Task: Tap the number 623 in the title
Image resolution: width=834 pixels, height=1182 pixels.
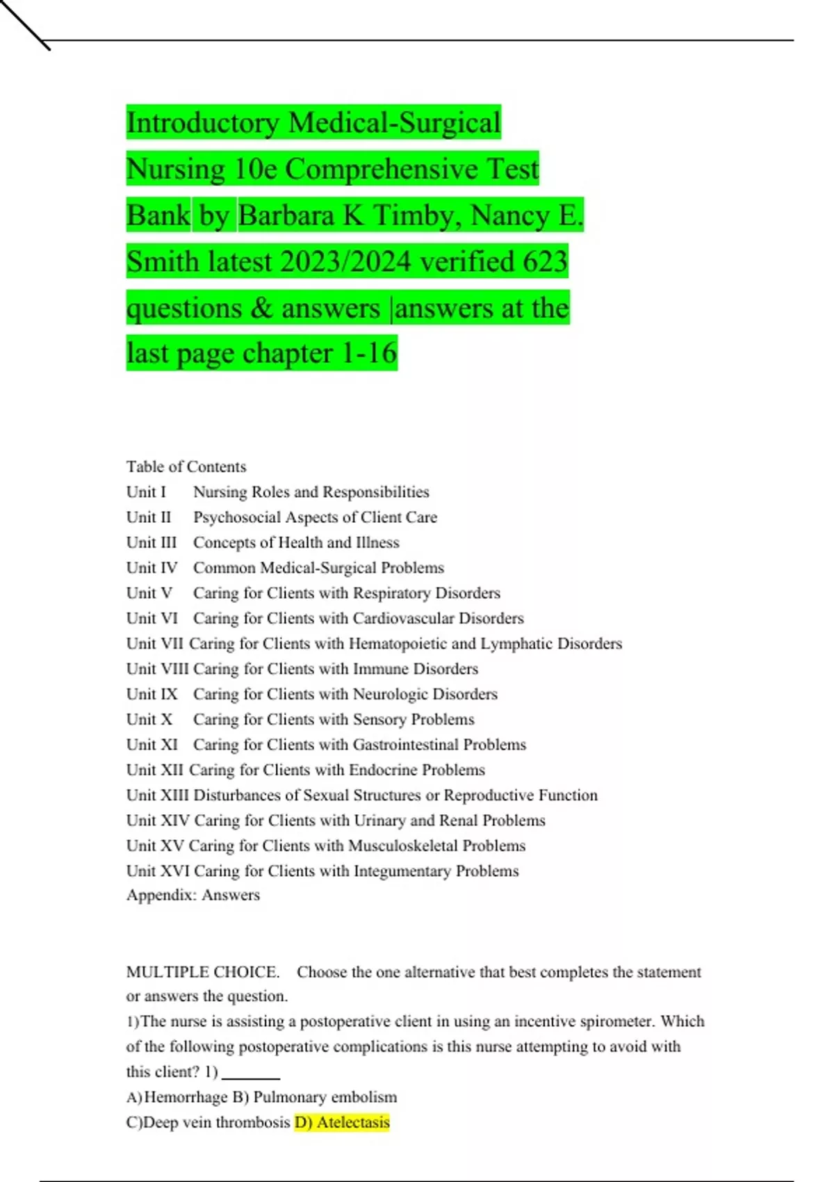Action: [545, 262]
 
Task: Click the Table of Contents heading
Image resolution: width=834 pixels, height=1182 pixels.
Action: [186, 467]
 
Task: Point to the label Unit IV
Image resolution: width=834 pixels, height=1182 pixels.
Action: [152, 568]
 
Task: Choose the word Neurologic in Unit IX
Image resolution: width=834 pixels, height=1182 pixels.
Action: [390, 694]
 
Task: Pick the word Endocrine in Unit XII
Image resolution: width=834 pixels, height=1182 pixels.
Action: [383, 770]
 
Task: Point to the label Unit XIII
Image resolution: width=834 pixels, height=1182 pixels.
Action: [157, 795]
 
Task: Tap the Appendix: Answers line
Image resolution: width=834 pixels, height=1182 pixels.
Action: [193, 895]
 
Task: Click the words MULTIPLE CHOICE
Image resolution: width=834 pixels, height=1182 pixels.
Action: [203, 972]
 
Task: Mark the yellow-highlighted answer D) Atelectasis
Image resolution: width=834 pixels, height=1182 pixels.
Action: [342, 1122]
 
